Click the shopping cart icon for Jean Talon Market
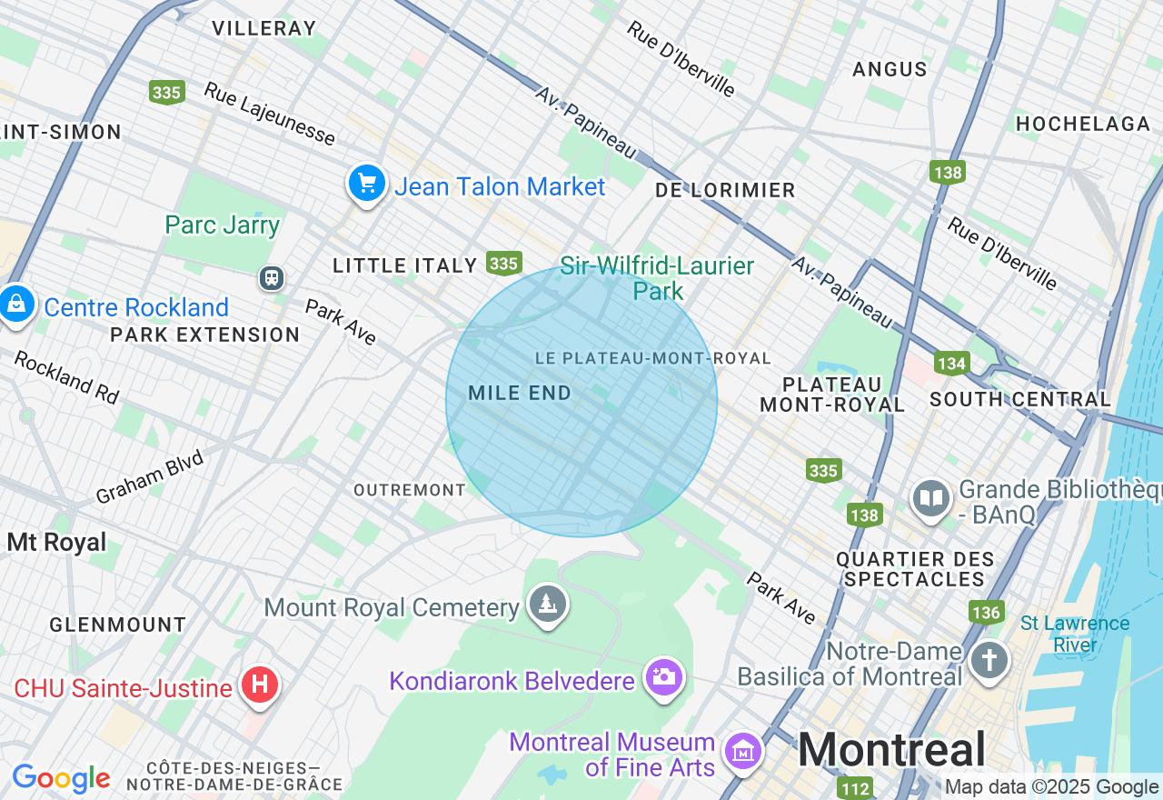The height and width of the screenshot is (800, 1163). coord(367,185)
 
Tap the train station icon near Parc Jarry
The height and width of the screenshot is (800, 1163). coord(271,277)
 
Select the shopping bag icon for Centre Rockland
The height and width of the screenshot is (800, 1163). coord(16,305)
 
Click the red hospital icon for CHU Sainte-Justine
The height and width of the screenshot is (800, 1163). coord(259,685)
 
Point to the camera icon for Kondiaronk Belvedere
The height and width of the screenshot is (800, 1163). coord(663,676)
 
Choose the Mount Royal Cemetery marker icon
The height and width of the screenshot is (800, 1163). coord(548,604)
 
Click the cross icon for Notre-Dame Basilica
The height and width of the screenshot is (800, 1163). coord(989,659)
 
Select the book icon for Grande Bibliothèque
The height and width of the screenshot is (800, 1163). coord(931,498)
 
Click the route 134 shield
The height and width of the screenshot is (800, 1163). coord(951,364)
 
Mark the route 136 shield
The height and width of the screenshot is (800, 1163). coord(986,612)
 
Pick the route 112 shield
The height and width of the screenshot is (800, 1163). coord(855,787)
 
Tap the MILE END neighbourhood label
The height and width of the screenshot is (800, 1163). coord(520,394)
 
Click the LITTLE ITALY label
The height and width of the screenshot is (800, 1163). coord(404,265)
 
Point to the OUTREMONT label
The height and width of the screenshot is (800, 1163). coord(410,490)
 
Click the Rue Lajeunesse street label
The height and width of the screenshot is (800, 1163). coord(269,114)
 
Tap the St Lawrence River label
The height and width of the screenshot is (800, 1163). coord(1075,634)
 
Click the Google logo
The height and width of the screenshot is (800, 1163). coord(61,779)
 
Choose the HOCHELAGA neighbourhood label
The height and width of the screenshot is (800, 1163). coord(1083,124)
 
